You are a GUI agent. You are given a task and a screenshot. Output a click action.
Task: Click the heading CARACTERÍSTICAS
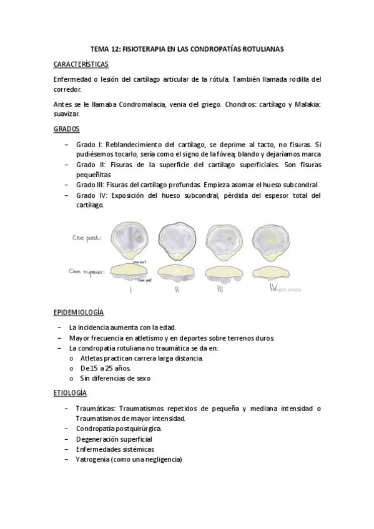(81, 64)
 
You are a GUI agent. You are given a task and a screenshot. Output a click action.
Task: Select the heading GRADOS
(66, 129)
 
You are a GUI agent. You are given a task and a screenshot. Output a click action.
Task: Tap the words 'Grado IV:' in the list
(92, 195)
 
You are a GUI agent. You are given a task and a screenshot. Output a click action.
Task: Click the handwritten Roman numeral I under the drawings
(130, 289)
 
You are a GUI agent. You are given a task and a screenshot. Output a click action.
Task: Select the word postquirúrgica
(138, 429)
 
